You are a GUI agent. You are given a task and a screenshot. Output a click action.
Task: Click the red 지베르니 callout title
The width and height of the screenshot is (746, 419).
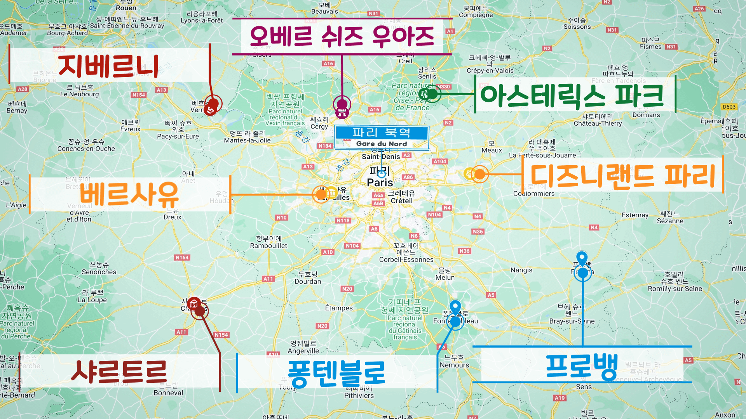click(108, 66)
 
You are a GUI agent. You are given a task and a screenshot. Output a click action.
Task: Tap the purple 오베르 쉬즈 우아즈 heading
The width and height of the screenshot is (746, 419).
click(342, 36)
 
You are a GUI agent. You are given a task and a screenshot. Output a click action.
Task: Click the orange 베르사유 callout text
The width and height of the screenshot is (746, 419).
click(129, 194)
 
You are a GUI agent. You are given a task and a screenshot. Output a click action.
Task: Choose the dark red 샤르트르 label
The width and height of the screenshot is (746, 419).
click(119, 372)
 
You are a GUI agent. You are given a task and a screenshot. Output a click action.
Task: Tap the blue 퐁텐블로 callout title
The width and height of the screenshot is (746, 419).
click(336, 373)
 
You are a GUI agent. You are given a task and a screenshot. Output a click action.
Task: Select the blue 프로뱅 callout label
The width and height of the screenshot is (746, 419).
click(582, 366)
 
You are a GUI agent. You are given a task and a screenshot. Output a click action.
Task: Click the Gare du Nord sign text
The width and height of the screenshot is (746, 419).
click(382, 144)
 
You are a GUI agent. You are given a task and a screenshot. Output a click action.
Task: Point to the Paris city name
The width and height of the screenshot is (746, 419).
click(380, 182)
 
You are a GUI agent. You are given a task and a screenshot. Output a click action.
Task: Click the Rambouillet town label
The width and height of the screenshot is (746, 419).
click(268, 246)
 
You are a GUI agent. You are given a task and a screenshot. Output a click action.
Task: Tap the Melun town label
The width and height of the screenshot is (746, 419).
click(445, 277)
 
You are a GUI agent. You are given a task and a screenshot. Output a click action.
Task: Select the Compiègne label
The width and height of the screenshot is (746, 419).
click(476, 15)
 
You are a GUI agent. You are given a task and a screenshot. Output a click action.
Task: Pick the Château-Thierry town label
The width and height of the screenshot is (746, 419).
click(598, 123)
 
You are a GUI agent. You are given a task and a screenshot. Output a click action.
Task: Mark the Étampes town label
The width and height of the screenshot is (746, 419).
click(339, 308)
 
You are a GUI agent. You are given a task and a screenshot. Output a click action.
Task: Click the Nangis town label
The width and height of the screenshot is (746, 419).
click(521, 270)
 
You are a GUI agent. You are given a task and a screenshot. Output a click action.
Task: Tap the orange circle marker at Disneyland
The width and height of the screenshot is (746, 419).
click(480, 174)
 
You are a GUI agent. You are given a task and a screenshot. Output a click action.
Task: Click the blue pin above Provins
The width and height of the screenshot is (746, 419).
click(582, 258)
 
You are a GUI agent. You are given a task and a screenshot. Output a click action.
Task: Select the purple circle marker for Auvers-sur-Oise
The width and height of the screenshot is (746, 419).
click(342, 104)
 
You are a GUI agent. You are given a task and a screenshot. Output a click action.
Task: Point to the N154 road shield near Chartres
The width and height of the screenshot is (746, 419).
click(221, 335)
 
